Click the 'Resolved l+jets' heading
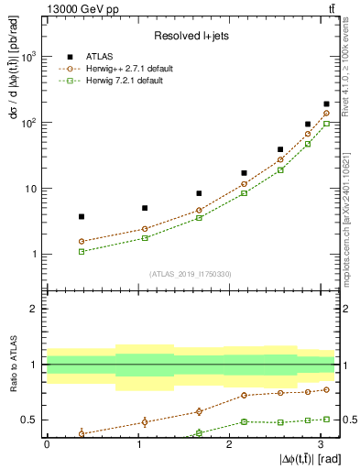191,36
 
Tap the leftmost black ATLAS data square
82,217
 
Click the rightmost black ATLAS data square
327,104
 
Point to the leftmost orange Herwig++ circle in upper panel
82,242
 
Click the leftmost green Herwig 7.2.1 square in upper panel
82,251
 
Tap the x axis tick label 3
319,443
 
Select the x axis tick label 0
47,443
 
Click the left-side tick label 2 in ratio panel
35,309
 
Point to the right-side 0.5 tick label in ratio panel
348,420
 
